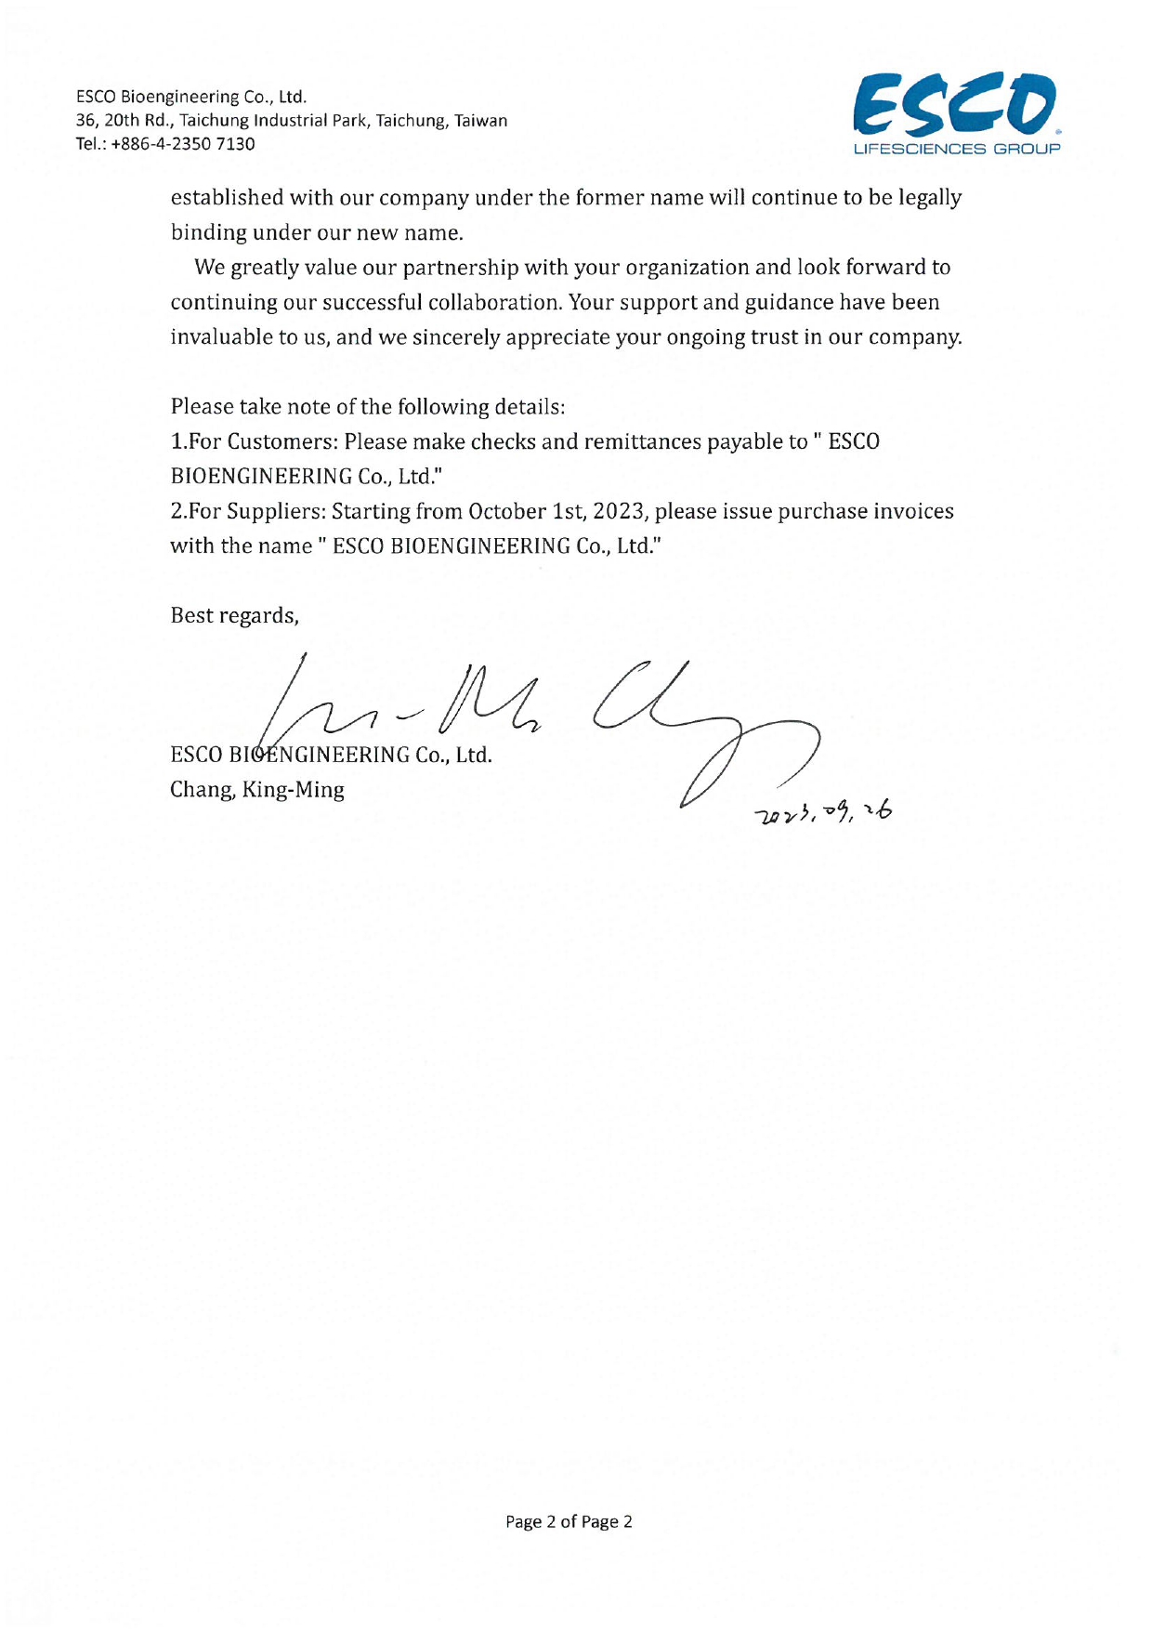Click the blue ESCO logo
[x=953, y=105]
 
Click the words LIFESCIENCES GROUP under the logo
[x=956, y=149]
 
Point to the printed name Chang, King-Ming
[x=257, y=790]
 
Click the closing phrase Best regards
[x=234, y=616]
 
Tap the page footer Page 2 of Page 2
[x=569, y=1521]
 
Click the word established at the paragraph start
[x=227, y=198]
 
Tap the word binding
[x=208, y=232]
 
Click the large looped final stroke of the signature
[x=743, y=753]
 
